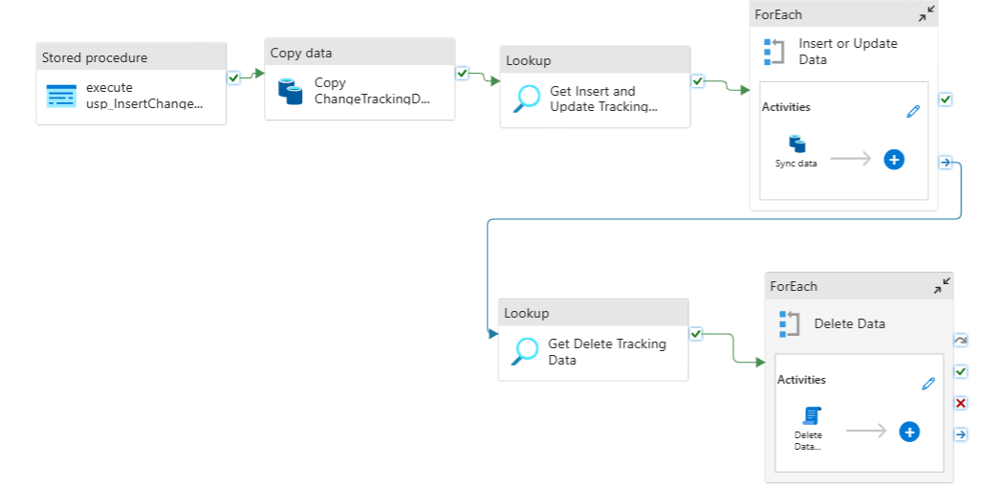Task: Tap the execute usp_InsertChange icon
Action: (x=61, y=96)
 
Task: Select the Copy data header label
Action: (x=301, y=54)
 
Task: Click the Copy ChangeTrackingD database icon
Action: (x=291, y=91)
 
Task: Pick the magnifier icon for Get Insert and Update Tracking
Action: (x=526, y=99)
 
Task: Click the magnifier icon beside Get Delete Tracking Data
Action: (x=524, y=351)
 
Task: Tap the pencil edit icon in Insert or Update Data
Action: (x=913, y=111)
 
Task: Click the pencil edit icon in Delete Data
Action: (x=928, y=384)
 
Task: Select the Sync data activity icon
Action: (x=797, y=144)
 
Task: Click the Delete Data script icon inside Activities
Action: (x=812, y=415)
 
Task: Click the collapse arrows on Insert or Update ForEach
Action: (x=926, y=14)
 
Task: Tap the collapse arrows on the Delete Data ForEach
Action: (x=942, y=286)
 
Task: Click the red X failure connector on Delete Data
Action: (x=961, y=403)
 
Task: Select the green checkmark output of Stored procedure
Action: (x=233, y=77)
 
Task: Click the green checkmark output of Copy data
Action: (x=463, y=74)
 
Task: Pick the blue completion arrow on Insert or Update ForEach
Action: (x=946, y=163)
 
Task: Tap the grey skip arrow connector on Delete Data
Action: (x=961, y=341)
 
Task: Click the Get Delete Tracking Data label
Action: (x=607, y=352)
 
